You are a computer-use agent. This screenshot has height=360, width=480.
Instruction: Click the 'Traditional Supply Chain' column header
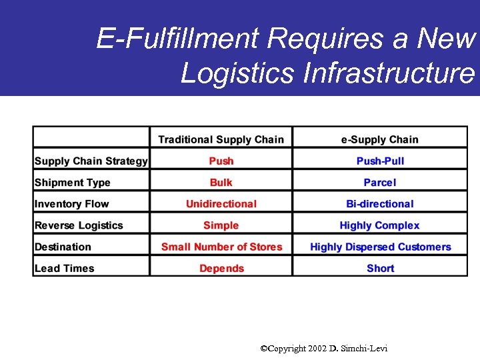221,139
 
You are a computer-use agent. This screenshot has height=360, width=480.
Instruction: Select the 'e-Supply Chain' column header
380,139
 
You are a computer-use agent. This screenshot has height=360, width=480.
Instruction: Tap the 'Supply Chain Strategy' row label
91,161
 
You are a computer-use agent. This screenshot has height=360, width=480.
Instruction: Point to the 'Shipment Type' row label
72,183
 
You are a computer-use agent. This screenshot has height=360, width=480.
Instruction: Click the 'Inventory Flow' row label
71,204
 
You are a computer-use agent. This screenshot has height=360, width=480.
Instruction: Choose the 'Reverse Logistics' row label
79,225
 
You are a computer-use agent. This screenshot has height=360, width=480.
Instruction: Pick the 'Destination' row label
63,247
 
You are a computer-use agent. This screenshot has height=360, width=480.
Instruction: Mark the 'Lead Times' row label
64,268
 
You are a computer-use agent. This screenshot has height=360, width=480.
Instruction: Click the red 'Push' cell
221,161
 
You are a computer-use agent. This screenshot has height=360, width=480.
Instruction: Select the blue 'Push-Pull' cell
380,161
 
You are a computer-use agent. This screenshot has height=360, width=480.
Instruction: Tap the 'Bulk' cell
221,183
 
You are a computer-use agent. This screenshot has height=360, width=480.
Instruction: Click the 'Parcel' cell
380,183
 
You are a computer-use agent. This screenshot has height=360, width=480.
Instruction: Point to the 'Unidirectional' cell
221,204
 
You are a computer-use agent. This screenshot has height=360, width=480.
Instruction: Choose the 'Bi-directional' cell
380,204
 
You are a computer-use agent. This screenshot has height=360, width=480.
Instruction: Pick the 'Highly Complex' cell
380,225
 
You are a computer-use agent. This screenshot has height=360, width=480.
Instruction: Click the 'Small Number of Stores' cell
221,247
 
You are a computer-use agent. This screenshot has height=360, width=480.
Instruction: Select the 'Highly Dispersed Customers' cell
380,247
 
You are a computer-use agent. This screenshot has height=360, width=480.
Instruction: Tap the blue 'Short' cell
380,268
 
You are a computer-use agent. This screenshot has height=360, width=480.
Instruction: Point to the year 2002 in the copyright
317,349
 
